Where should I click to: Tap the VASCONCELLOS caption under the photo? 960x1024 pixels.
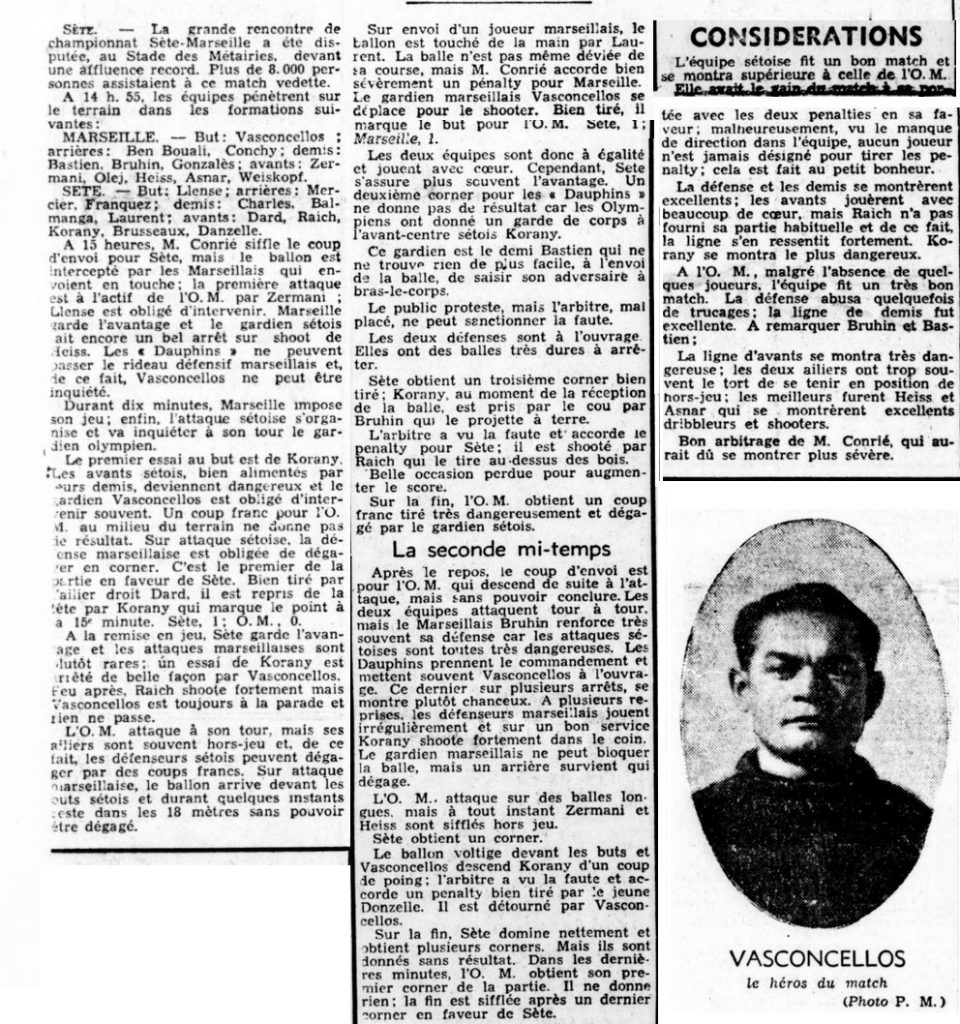[x=817, y=959]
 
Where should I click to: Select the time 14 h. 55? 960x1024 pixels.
[x=111, y=98]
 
